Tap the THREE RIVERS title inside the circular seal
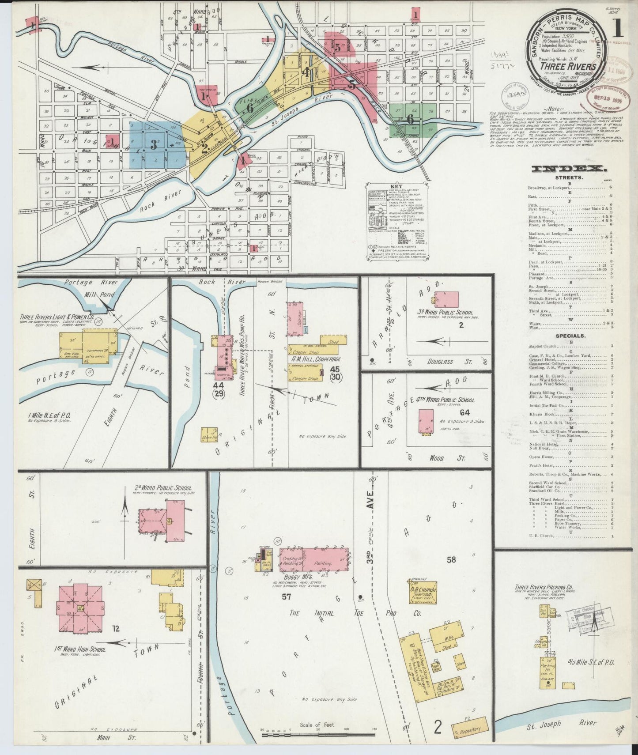pos(568,67)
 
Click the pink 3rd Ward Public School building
pos(446,300)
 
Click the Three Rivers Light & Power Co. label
pos(57,317)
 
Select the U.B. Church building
pos(423,593)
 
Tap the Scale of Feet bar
pos(318,735)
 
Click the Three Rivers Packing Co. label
pos(544,588)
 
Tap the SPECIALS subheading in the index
pos(570,336)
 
